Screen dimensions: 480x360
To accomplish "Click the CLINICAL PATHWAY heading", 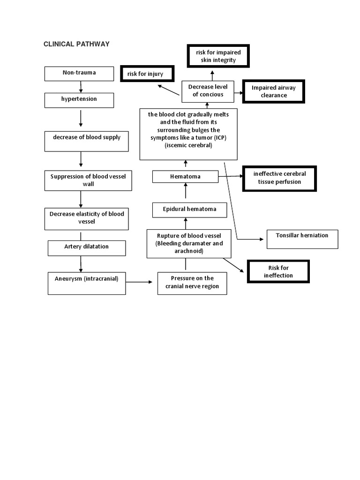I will click(76, 44).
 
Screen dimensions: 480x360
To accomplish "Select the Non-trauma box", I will click(79, 74).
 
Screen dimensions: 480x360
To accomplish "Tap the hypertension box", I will click(79, 100).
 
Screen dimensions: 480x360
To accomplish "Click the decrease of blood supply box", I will click(86, 141).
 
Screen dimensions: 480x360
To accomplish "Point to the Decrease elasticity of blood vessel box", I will click(86, 218).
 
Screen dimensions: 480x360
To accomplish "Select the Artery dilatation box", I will click(86, 248).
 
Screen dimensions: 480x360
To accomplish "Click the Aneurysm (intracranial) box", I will click(86, 283).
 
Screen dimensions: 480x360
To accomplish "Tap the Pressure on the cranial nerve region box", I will click(192, 283).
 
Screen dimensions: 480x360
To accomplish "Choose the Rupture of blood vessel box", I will click(188, 243).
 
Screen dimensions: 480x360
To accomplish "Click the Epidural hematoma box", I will click(189, 210).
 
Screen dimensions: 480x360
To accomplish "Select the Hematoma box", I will click(185, 177).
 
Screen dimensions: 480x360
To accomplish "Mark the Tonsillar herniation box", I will click(302, 239).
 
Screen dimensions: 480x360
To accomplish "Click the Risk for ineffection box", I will click(278, 272).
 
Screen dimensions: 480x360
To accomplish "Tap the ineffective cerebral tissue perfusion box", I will click(279, 178).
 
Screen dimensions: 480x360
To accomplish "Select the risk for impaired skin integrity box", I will click(218, 56).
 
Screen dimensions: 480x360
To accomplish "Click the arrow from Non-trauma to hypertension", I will click(81, 87).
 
